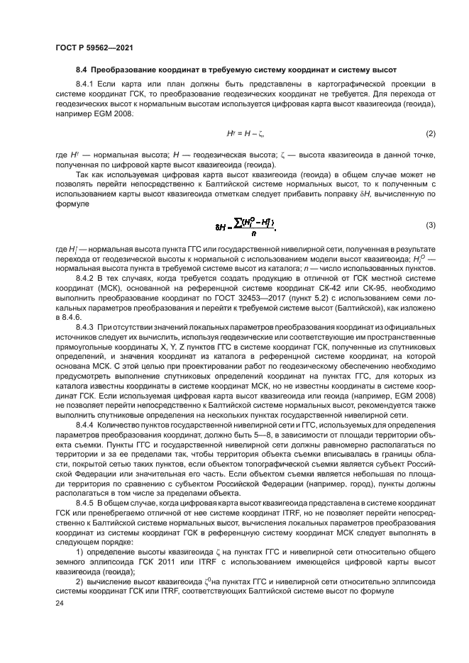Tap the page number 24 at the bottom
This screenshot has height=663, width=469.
60,603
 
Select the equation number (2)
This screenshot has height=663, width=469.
430,134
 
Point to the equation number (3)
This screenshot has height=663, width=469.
430,225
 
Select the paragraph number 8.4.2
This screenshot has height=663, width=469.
85,280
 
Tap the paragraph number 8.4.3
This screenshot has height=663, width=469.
85,326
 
